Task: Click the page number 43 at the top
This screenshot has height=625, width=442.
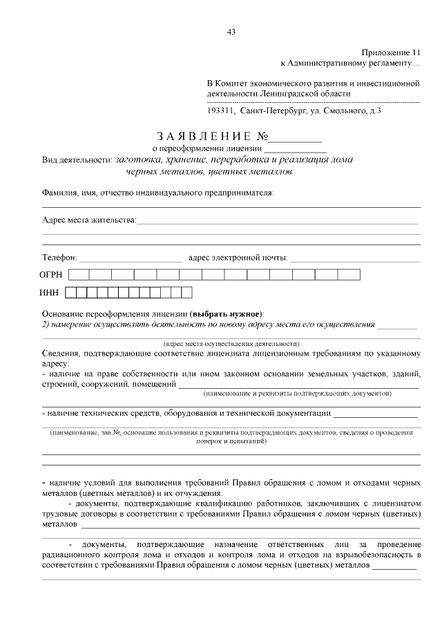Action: tap(231, 31)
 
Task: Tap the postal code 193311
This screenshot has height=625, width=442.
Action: tap(221, 110)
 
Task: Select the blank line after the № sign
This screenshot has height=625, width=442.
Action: tap(299, 137)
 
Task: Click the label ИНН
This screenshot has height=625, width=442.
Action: tap(50, 293)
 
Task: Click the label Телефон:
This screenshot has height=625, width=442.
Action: tap(60, 258)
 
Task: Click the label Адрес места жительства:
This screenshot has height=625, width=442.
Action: tap(89, 220)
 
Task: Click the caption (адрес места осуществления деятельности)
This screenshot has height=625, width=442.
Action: tap(231, 343)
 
